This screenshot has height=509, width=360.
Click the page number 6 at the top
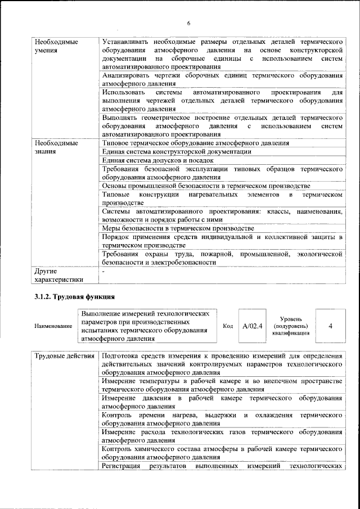pos(189,23)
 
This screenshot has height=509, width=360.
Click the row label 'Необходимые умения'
pos(56,46)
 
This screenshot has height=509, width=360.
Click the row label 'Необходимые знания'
pos(56,147)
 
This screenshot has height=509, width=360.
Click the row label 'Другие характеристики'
pos(59,274)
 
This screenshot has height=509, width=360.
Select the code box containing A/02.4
pos(253,326)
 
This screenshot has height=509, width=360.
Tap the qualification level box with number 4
pos(329,326)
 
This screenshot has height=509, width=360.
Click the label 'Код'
pos(228,326)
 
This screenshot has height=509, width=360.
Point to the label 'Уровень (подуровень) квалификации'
pos(291,326)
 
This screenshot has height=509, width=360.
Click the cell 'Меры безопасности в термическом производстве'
pos(178,228)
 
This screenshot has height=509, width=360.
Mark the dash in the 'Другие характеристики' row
pos(103,271)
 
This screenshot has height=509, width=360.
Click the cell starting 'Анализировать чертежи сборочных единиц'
pos(222,79)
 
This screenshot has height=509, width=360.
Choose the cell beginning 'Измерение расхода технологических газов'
pos(222,436)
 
